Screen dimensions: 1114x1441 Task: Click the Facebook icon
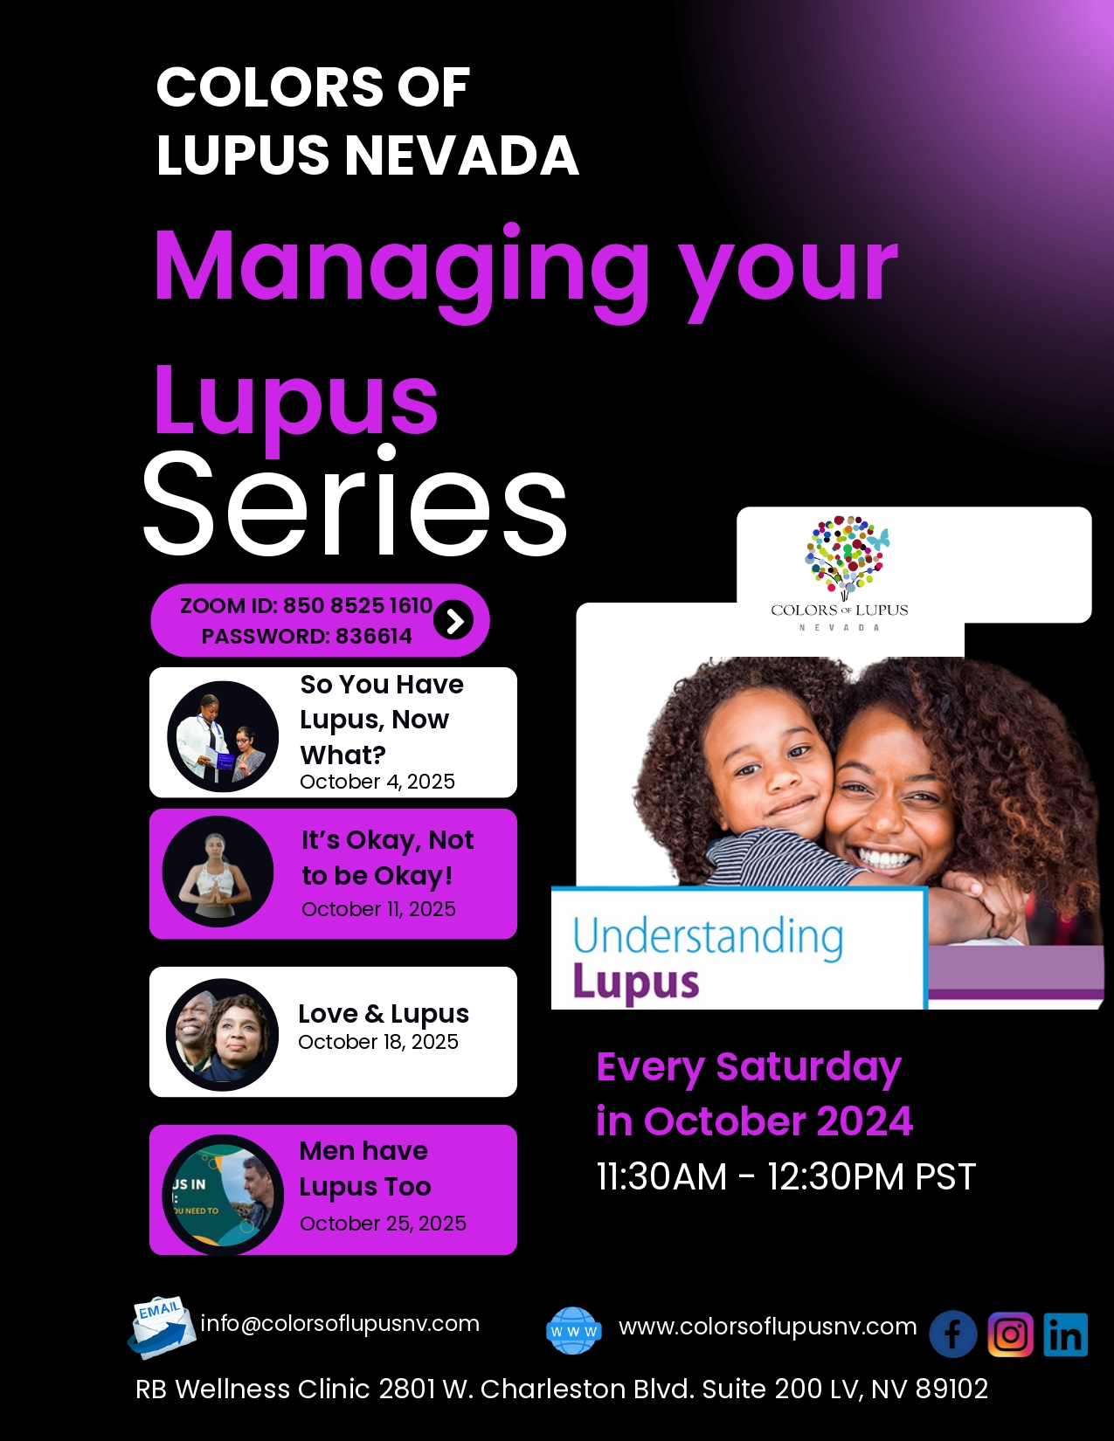952,1334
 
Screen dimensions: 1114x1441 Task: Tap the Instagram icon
1011,1334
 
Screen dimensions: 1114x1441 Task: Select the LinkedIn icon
1066,1334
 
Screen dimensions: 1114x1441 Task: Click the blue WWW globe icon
574,1330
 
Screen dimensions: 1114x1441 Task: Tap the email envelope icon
162,1327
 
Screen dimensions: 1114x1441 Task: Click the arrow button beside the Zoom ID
453,621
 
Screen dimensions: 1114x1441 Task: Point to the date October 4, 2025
377,781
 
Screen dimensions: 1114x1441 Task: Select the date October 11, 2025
379,908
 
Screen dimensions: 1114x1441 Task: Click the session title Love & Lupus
384,1014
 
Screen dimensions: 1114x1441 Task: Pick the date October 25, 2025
383,1223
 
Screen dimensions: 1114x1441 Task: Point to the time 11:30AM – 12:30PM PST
786,1176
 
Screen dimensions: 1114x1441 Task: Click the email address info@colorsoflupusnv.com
340,1324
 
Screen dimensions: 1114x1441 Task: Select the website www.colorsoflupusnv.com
768,1327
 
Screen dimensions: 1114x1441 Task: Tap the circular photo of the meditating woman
218,872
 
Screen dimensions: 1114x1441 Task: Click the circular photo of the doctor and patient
223,736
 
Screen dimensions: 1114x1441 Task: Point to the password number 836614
374,636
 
